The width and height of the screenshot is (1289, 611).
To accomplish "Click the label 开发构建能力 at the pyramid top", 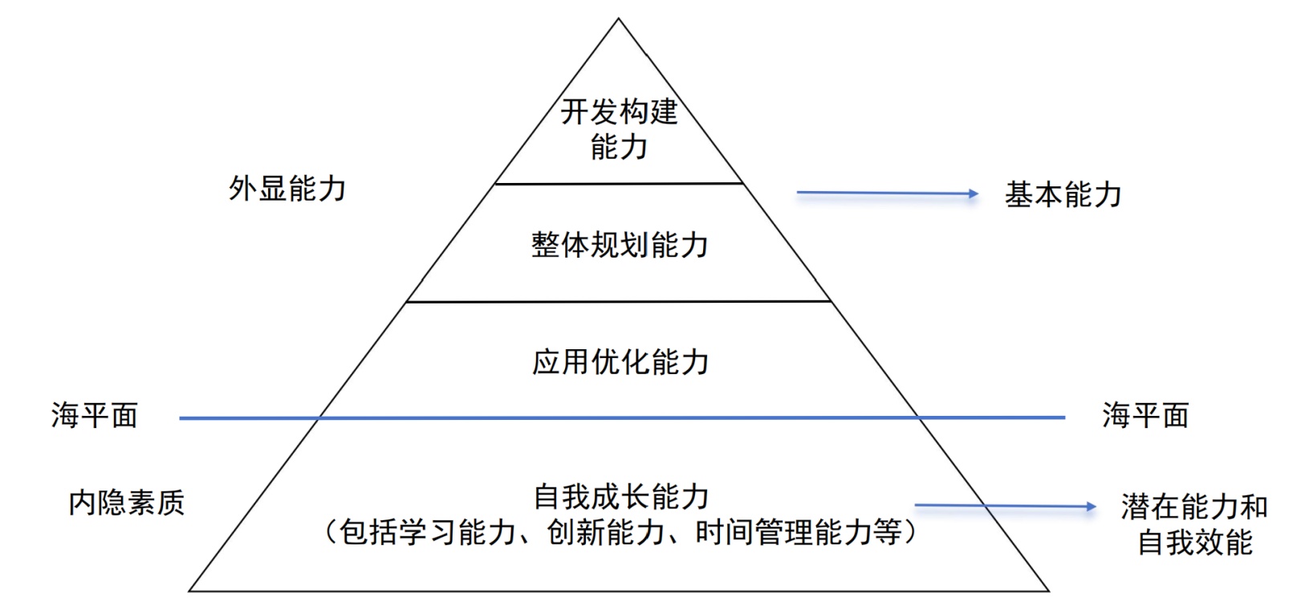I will (x=619, y=128).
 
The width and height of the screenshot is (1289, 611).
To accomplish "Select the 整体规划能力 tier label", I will (x=619, y=245).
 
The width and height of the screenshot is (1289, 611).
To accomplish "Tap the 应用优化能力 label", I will (x=620, y=362).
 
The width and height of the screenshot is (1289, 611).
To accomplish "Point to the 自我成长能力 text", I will (x=620, y=497).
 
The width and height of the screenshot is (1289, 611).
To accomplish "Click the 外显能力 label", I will (x=287, y=189).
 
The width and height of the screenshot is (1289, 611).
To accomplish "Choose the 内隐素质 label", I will (x=126, y=503).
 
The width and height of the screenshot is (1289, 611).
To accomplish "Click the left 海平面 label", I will (x=94, y=416).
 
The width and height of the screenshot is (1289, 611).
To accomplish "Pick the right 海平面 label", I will (x=1145, y=416).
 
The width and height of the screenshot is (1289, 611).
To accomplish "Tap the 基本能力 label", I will (x=1063, y=195).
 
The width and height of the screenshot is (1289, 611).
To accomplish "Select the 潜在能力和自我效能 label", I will (x=1194, y=524).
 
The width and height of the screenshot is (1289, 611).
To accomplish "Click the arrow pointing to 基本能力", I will (x=886, y=193).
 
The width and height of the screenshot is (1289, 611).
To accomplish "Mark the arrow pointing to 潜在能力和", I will (x=1005, y=506).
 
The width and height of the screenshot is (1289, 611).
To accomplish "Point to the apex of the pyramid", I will (x=619, y=19).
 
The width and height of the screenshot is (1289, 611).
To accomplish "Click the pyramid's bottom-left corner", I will (x=189, y=591).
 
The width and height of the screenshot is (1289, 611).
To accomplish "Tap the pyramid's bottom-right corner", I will (x=1048, y=591).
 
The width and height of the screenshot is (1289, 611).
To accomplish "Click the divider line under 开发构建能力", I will (x=619, y=184).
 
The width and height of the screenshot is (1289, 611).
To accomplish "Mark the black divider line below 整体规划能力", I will (x=619, y=302).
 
